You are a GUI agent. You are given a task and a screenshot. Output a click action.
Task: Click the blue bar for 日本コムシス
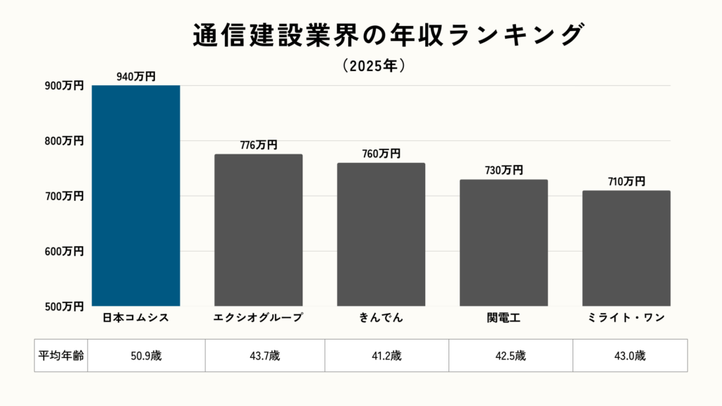136,195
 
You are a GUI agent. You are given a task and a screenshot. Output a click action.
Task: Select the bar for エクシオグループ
258,230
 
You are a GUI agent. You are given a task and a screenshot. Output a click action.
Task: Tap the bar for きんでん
381,234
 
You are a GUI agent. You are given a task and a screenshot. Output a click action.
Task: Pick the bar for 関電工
503,242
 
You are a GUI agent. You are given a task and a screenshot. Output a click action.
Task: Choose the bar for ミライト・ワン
626,248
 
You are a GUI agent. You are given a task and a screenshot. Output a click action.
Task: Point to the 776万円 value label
258,145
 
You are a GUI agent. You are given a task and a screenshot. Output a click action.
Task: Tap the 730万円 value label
503,170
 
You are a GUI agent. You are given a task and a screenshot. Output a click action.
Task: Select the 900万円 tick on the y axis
64,86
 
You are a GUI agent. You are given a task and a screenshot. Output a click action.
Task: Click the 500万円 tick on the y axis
64,307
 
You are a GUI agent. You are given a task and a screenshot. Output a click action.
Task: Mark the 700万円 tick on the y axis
64,196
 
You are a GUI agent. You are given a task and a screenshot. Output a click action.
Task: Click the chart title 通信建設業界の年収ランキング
388,35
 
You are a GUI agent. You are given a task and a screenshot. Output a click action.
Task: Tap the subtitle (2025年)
373,66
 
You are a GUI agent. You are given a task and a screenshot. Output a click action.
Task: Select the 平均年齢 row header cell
61,355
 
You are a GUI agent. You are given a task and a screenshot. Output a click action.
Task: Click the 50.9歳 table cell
146,355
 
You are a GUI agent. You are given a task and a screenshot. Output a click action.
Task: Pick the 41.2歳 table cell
386,355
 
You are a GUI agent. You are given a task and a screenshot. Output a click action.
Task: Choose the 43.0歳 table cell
630,355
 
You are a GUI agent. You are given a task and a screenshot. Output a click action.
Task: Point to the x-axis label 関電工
503,318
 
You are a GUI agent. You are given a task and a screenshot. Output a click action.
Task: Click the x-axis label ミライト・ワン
626,318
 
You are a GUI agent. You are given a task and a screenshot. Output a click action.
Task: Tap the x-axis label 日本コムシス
136,318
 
